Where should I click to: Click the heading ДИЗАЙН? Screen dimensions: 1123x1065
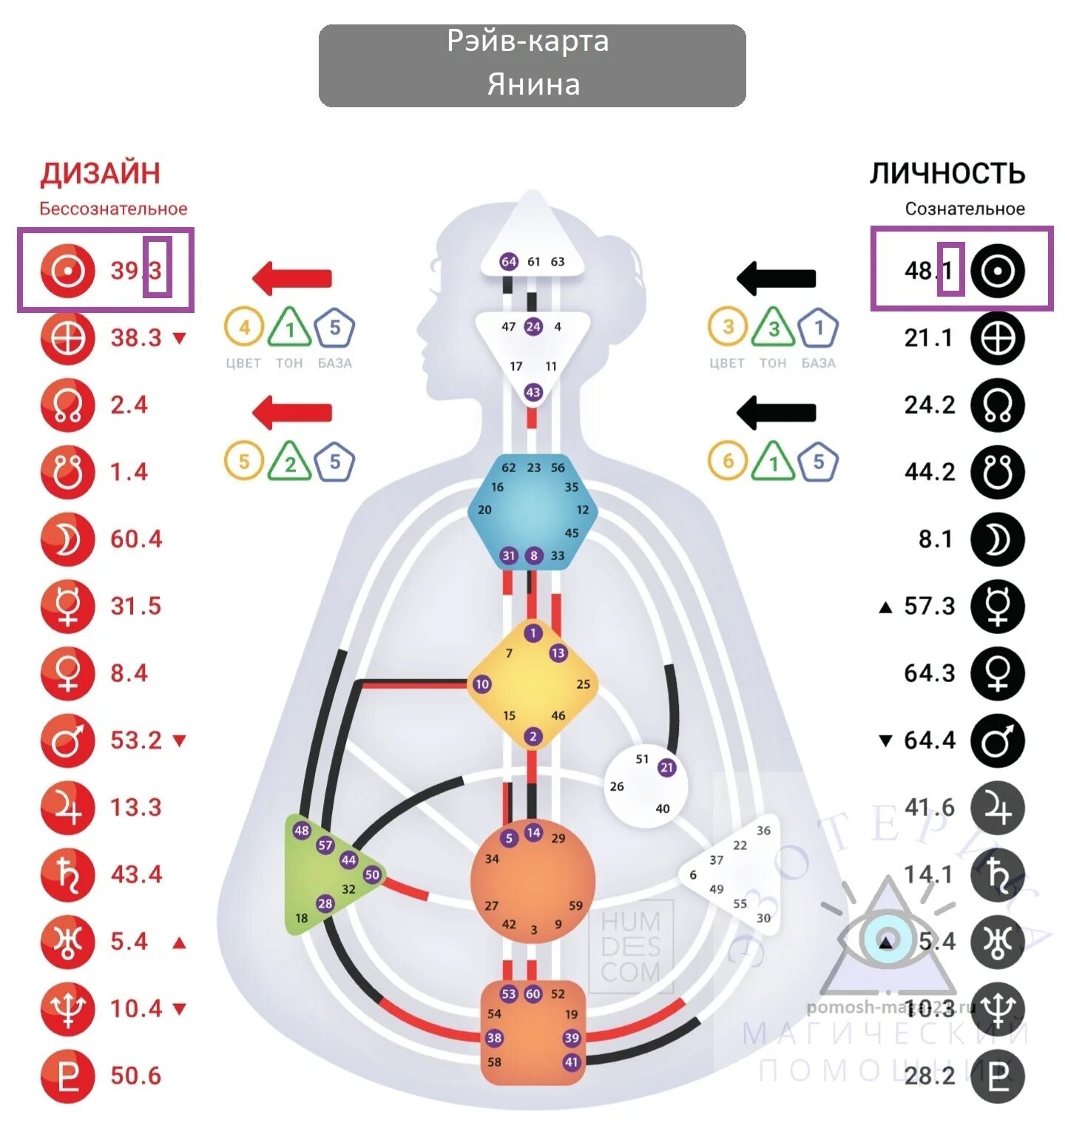coord(100,173)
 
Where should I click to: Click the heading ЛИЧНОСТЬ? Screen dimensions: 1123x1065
coord(947,173)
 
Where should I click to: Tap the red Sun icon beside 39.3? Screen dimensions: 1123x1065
coord(67,271)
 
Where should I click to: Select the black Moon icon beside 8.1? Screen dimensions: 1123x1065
coord(997,539)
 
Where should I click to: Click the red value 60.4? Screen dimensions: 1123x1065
coord(136,539)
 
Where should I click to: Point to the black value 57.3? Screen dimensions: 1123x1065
coord(929,607)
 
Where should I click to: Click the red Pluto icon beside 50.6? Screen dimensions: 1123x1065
coord(67,1076)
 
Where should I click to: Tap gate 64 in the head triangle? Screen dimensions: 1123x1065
coord(509,261)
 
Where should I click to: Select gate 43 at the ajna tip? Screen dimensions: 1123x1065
coord(532,392)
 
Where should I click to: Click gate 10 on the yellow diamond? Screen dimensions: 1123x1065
coord(481,684)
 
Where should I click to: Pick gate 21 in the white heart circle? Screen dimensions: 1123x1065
coord(666,767)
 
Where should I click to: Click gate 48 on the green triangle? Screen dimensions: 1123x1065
coord(302,830)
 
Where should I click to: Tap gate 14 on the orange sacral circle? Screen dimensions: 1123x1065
coord(533,832)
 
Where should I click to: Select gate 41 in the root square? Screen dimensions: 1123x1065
coord(571,1062)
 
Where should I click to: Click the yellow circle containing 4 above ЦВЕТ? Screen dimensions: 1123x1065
coord(244,327)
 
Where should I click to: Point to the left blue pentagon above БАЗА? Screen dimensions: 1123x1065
coord(334,327)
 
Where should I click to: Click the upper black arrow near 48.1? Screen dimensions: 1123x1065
coord(776,278)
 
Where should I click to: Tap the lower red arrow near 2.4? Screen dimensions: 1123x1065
coord(292,412)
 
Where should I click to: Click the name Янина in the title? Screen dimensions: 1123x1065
coord(532,84)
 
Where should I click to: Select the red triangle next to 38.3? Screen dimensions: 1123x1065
coord(179,338)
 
